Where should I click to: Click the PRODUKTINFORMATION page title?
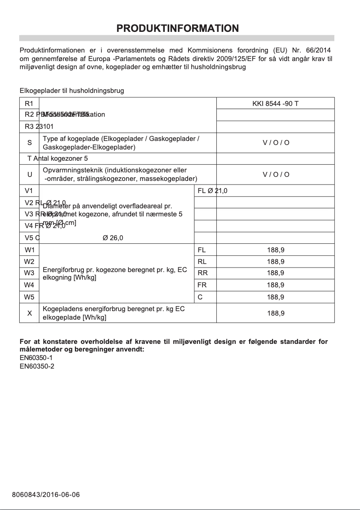point(177,29)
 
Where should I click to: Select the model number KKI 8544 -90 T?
point(275,104)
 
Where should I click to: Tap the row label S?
point(30,143)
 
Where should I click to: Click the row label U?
point(30,174)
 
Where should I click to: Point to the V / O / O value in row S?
point(276,143)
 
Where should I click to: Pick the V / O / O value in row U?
point(276,174)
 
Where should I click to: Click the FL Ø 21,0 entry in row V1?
point(212,191)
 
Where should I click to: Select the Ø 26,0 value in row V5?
point(113,238)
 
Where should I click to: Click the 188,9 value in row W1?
point(276,250)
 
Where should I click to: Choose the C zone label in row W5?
point(200,297)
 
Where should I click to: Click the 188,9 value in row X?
point(276,313)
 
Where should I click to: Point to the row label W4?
point(29,285)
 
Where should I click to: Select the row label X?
point(30,313)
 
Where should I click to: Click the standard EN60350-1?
point(37,358)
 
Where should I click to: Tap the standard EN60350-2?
point(37,366)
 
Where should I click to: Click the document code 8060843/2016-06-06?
point(46,495)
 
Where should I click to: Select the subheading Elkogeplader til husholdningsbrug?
point(72,91)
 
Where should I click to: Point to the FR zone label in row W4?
point(202,285)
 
